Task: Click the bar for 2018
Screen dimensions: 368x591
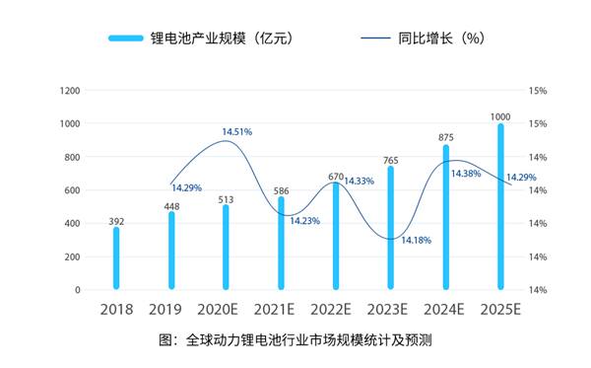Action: [x=116, y=258]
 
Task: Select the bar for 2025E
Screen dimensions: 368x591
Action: [x=501, y=207]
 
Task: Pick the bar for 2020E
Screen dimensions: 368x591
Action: [x=227, y=247]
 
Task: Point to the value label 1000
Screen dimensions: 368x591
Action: [x=501, y=115]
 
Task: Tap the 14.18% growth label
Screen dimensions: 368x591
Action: [x=415, y=240]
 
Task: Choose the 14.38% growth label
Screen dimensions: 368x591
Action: [x=466, y=174]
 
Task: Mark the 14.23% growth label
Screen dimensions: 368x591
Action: [x=304, y=221]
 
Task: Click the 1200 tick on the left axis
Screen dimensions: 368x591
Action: [x=70, y=91]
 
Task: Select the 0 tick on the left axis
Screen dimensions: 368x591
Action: [x=78, y=290]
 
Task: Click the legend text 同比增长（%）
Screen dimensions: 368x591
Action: [x=440, y=38]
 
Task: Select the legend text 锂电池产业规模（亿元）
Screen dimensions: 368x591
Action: [x=221, y=38]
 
